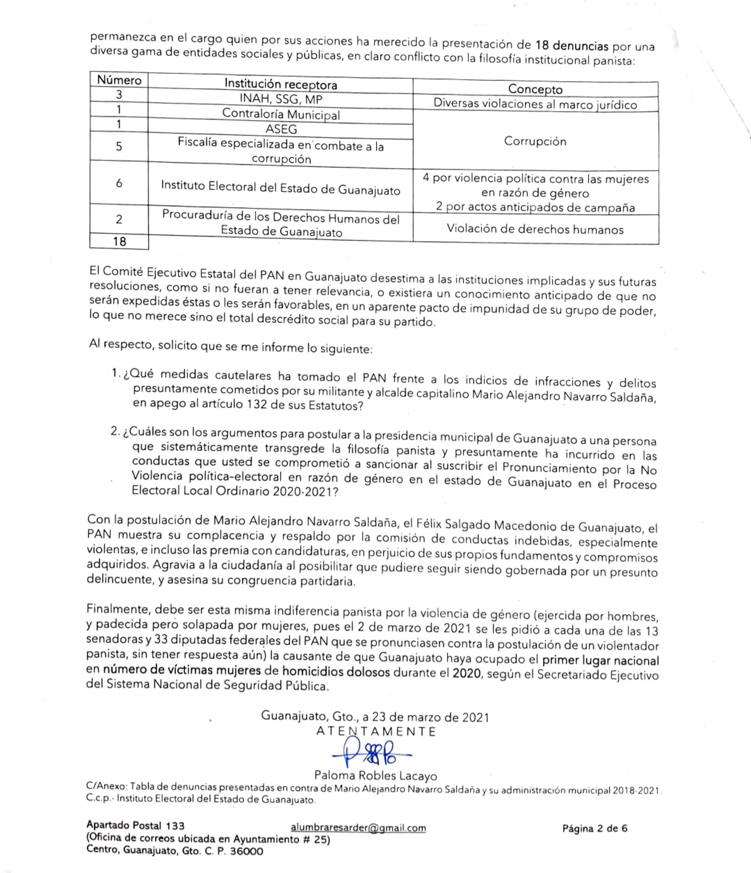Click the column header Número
point(119,80)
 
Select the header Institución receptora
point(280,84)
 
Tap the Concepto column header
point(535,89)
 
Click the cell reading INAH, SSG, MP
point(281,99)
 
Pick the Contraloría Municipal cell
point(281,114)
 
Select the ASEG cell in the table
point(281,129)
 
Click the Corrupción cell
point(535,141)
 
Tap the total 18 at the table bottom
point(119,241)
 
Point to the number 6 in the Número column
point(119,183)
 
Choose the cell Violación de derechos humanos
point(535,229)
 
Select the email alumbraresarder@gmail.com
point(358,828)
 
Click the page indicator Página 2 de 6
point(595,828)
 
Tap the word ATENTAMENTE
point(376,732)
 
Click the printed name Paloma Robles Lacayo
point(376,776)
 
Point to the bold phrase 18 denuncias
point(572,45)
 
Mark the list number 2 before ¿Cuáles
point(115,432)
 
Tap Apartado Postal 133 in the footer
point(136,825)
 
